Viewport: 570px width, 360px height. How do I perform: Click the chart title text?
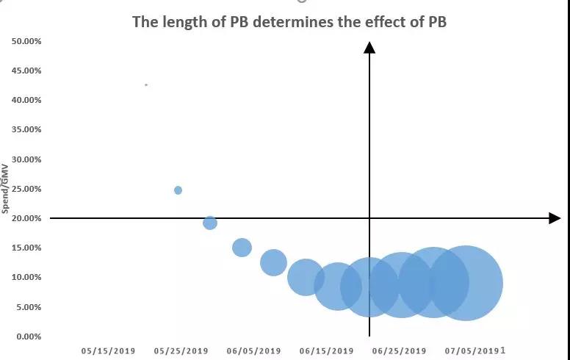point(289,21)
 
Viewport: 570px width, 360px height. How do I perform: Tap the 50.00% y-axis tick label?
point(26,41)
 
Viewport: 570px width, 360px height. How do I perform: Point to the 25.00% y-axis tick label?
point(26,189)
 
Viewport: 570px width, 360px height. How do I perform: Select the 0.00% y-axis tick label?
point(29,336)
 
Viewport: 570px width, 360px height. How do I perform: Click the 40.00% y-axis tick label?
point(26,100)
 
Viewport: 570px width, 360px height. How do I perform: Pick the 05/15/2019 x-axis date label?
point(107,351)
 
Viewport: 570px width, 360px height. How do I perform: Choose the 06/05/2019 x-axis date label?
point(253,351)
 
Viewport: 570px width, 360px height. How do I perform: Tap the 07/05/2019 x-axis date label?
point(472,351)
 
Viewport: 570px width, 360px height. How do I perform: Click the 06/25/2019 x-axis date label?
point(399,351)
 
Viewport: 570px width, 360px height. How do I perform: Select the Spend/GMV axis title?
point(5,190)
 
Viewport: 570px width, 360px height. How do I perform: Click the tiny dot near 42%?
point(146,85)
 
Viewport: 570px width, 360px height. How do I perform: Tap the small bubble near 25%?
point(178,190)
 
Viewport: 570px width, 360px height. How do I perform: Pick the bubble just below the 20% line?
point(210,223)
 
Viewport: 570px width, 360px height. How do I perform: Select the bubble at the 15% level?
point(242,248)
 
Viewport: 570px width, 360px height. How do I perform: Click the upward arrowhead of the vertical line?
point(369,48)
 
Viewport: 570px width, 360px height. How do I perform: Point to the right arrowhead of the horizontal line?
point(555,218)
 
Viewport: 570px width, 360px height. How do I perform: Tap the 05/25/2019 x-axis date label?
point(181,351)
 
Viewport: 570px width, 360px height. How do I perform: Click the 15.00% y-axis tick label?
point(26,248)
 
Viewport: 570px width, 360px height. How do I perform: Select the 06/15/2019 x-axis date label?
point(326,351)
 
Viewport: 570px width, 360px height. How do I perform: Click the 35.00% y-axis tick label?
point(26,129)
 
